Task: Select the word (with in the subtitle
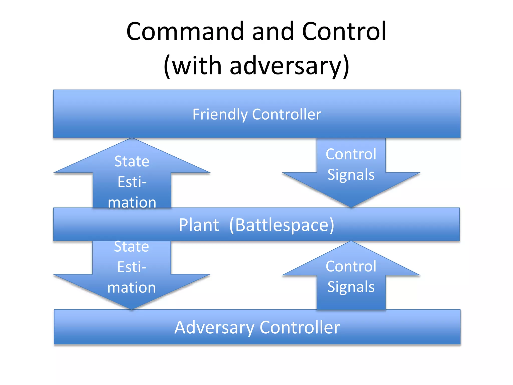coord(193,66)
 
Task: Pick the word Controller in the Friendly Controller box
coord(287,115)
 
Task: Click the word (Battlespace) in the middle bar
coord(282,225)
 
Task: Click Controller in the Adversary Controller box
coord(300,327)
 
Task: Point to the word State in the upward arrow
coord(132,161)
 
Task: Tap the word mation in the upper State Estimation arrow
coord(132,202)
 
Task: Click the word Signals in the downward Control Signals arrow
coord(351,174)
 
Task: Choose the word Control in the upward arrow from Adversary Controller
coord(351,266)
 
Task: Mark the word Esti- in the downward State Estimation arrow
coord(132,267)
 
